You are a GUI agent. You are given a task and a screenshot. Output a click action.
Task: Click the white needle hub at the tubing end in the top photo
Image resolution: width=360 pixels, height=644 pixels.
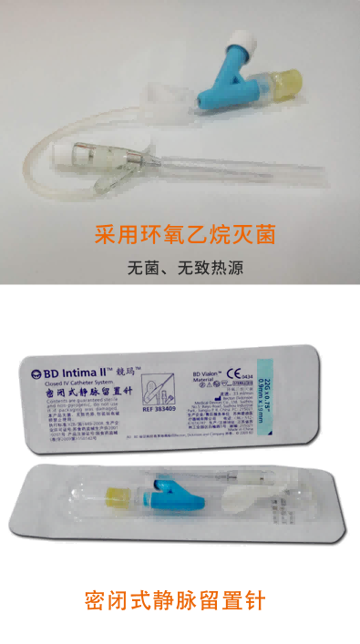pyautogui.click(x=77, y=155)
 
